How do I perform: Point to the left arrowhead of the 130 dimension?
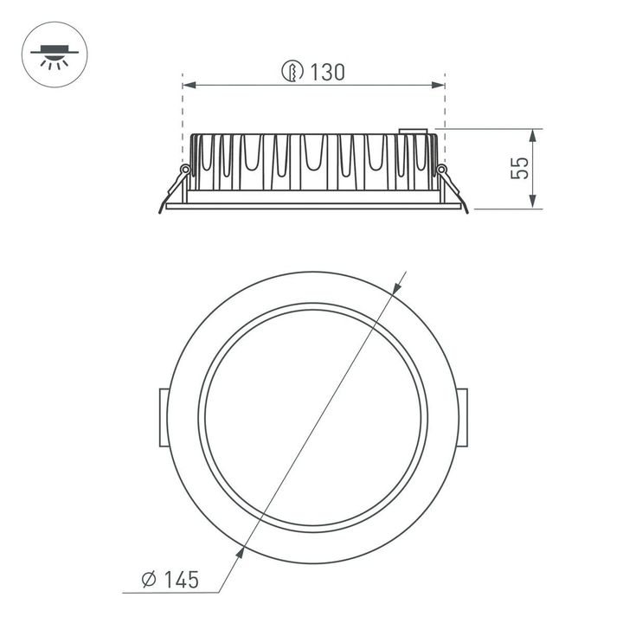pos(189,85)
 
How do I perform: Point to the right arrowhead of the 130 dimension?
pos(438,85)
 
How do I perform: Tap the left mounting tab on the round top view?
pos(162,418)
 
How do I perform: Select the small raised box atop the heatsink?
pos(414,132)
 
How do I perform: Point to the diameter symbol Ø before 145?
pos(147,579)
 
